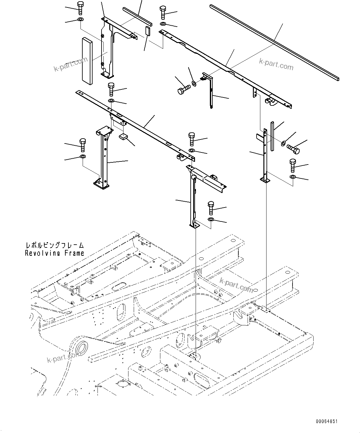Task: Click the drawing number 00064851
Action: pyautogui.click(x=327, y=422)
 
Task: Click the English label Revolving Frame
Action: pyautogui.click(x=54, y=253)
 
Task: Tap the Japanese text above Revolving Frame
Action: pyautogui.click(x=54, y=246)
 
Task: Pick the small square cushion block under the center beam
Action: pyautogui.click(x=124, y=137)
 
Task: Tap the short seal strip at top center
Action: pyautogui.click(x=137, y=16)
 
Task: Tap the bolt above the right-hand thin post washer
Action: pyautogui.click(x=293, y=165)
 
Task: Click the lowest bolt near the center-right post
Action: pyautogui.click(x=211, y=208)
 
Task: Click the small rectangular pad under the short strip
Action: pyautogui.click(x=148, y=31)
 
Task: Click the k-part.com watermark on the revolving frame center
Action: pyautogui.click(x=236, y=285)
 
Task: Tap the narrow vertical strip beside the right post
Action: pyautogui.click(x=272, y=136)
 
